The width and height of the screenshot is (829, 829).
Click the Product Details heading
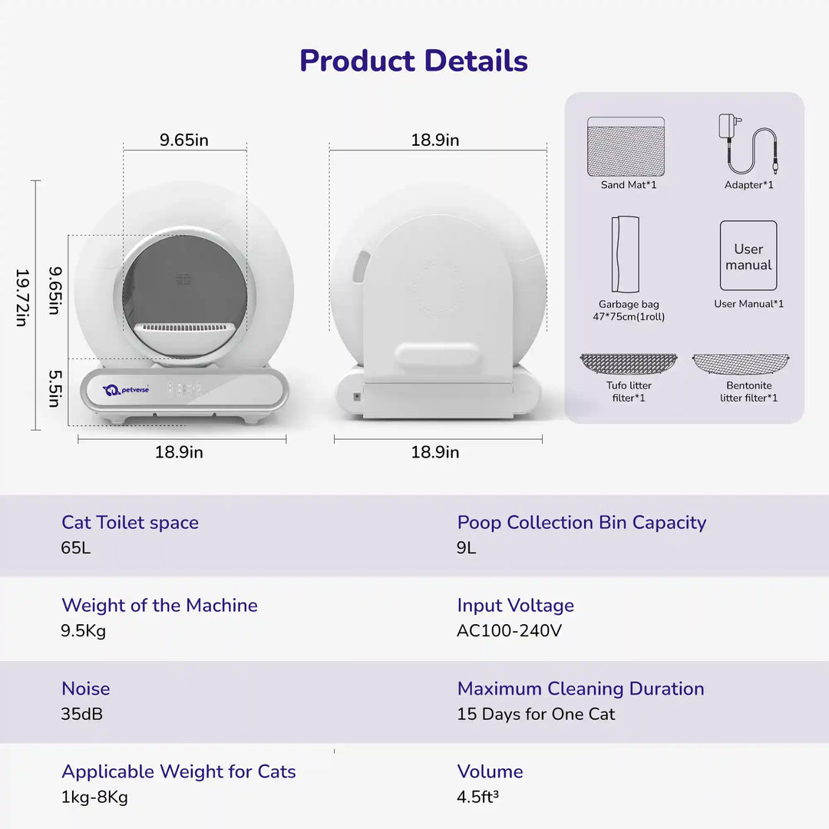[414, 61]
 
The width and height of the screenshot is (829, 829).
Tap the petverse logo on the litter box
[126, 390]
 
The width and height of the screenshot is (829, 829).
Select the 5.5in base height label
[54, 389]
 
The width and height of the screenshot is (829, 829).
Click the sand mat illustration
[626, 147]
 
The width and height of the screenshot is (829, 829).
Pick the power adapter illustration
[748, 145]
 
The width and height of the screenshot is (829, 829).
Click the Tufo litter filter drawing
[629, 364]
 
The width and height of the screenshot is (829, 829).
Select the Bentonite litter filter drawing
[741, 364]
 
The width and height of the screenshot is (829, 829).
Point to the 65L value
[76, 548]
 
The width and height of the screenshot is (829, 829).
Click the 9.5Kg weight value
[84, 631]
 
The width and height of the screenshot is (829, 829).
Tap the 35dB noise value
[82, 714]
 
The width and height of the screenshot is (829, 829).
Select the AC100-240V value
[509, 631]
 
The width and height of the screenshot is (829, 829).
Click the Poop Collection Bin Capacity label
[581, 523]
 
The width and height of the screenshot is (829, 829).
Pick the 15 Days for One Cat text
[536, 714]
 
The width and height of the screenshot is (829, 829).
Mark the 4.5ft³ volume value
[478, 797]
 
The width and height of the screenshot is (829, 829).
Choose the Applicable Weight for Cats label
[179, 771]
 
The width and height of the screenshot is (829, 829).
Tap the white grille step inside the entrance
[184, 329]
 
